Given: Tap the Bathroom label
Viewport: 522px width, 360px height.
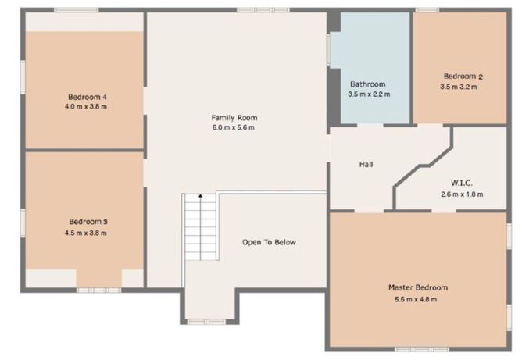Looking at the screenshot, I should coord(367,84).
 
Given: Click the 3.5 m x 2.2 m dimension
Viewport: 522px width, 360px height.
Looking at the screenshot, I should coord(368,94).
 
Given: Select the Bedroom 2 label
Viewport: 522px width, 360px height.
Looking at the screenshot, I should coord(463,76).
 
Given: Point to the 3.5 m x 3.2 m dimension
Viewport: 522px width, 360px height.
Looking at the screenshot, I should coord(463,87).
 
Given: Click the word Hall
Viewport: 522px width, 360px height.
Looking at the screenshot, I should coord(366,165).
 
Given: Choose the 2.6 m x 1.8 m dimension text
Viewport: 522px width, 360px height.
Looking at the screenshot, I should coord(463,194).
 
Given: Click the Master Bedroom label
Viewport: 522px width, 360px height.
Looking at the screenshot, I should coord(418,287).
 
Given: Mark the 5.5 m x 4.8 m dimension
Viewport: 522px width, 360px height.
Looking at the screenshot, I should coord(418,298).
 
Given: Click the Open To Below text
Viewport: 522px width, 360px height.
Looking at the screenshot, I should coord(269,242).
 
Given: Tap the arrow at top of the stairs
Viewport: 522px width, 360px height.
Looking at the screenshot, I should coord(200,196).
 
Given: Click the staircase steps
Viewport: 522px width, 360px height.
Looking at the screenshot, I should coord(200,234).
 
